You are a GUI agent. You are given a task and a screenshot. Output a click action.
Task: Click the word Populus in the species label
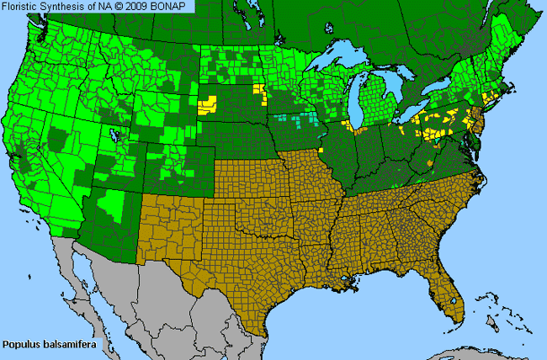(22, 344)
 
